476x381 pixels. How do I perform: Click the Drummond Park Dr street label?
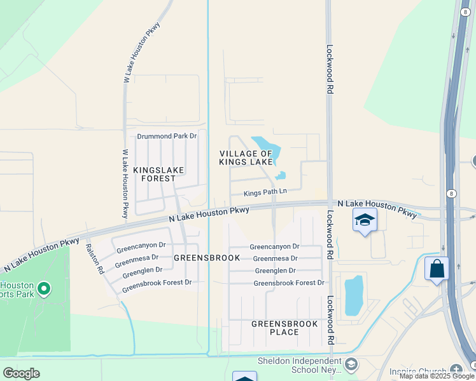click(167, 136)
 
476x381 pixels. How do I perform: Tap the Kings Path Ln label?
click(265, 191)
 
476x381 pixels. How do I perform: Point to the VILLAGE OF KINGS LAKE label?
click(246, 157)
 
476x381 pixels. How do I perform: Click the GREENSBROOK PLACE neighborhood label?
click(284, 328)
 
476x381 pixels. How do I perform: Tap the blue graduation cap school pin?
click(365, 220)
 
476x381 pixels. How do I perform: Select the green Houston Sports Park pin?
click(44, 289)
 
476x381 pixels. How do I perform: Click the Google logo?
click(21, 373)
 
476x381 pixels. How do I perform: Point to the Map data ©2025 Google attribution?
click(437, 377)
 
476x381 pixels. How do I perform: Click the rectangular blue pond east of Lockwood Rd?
click(354, 295)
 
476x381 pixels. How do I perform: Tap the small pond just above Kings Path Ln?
click(281, 176)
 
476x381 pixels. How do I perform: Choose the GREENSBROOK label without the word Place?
click(207, 258)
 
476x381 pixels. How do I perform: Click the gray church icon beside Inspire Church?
click(456, 370)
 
